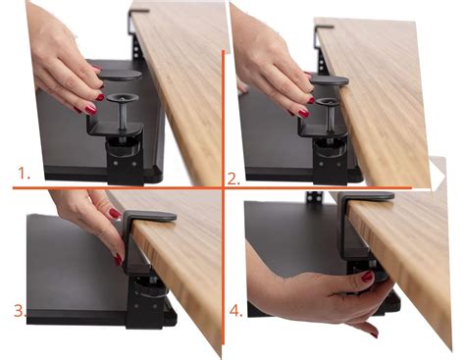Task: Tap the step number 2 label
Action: click(232, 178)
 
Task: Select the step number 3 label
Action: click(19, 311)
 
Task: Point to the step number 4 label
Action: click(235, 311)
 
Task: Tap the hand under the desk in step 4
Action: click(314, 294)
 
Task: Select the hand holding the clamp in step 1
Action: click(64, 64)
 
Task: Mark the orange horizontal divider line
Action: click(118, 186)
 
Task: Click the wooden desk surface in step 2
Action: click(387, 108)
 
